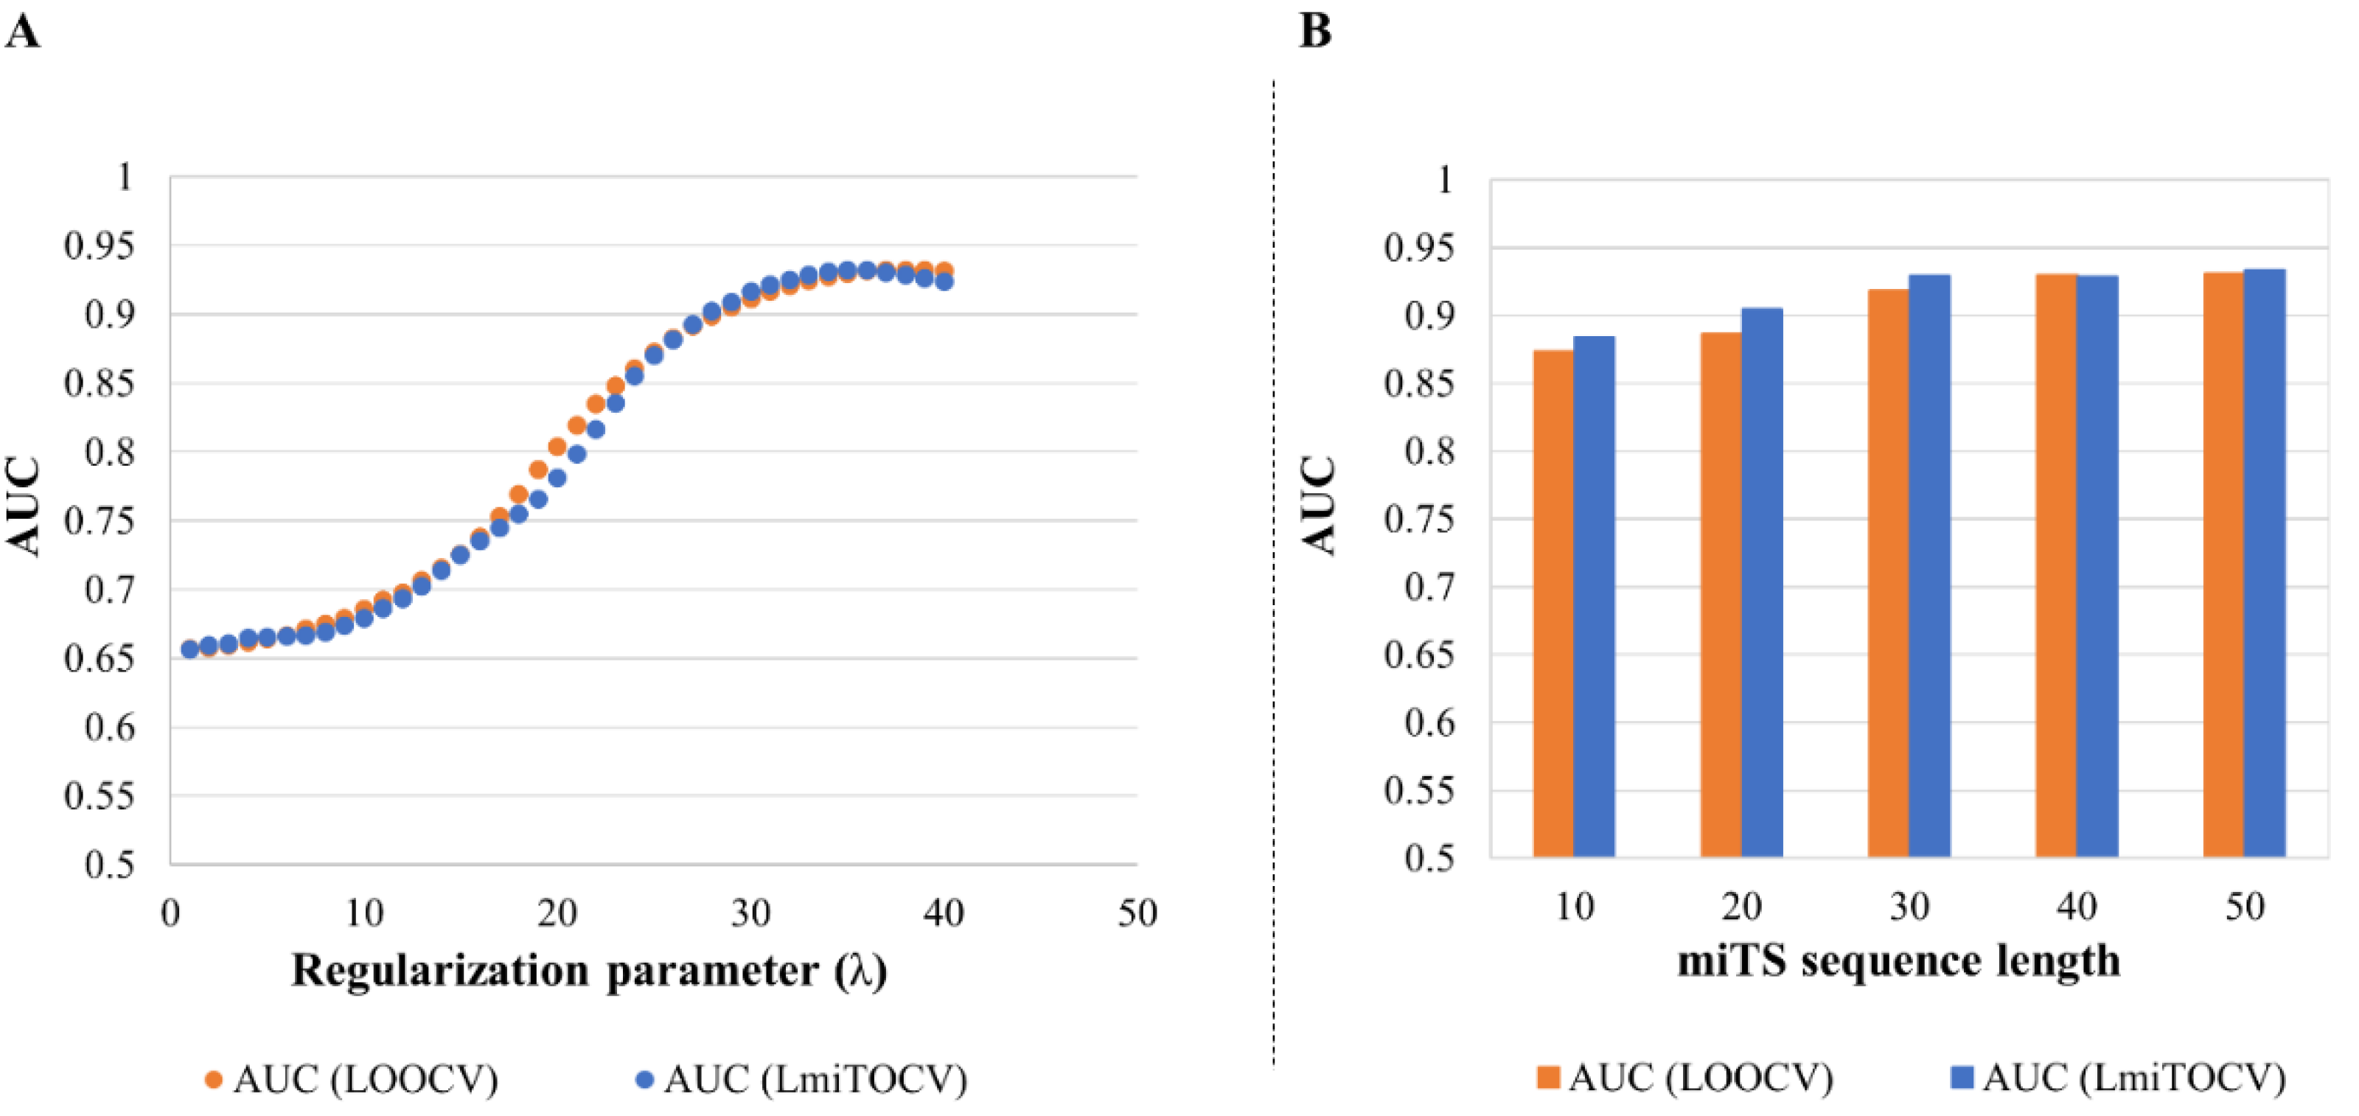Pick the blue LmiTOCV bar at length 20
[x=1761, y=582]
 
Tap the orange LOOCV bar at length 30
[x=1887, y=572]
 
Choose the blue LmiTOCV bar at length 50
[x=2264, y=562]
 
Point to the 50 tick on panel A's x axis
[x=1137, y=913]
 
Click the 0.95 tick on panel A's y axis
[x=99, y=245]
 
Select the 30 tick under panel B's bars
[x=1909, y=907]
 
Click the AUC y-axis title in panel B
[x=1320, y=506]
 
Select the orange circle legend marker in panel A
[x=213, y=1079]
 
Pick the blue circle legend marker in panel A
[x=644, y=1079]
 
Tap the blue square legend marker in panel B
[x=1962, y=1077]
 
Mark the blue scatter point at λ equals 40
[x=944, y=281]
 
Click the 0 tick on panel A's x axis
[x=170, y=913]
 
